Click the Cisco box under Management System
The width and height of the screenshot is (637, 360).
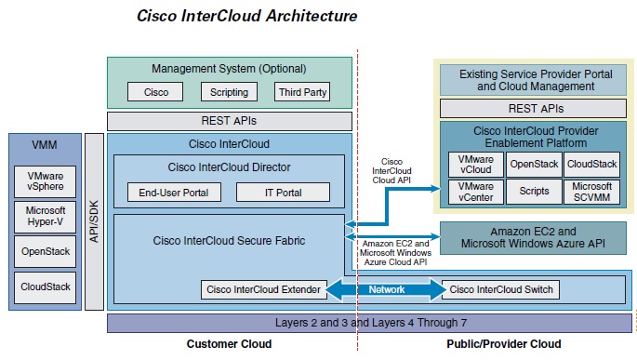pos(156,92)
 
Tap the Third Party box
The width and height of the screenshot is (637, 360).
pos(302,92)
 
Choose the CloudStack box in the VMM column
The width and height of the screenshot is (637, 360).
pos(45,286)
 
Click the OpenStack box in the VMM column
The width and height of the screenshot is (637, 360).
pos(45,251)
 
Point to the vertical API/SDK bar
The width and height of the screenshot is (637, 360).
pos(94,220)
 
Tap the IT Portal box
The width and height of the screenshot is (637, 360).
pos(282,193)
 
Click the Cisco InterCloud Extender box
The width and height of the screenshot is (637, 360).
pos(263,289)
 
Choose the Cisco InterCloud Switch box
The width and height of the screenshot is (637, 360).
pos(501,289)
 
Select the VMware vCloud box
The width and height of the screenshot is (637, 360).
pos(474,165)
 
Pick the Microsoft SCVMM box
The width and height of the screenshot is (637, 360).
pos(591,193)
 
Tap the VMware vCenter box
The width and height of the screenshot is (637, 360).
pos(474,193)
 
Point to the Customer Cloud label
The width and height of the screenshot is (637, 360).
pos(229,344)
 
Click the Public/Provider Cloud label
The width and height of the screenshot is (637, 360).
pos(503,344)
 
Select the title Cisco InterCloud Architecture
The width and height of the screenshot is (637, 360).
pos(246,16)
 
